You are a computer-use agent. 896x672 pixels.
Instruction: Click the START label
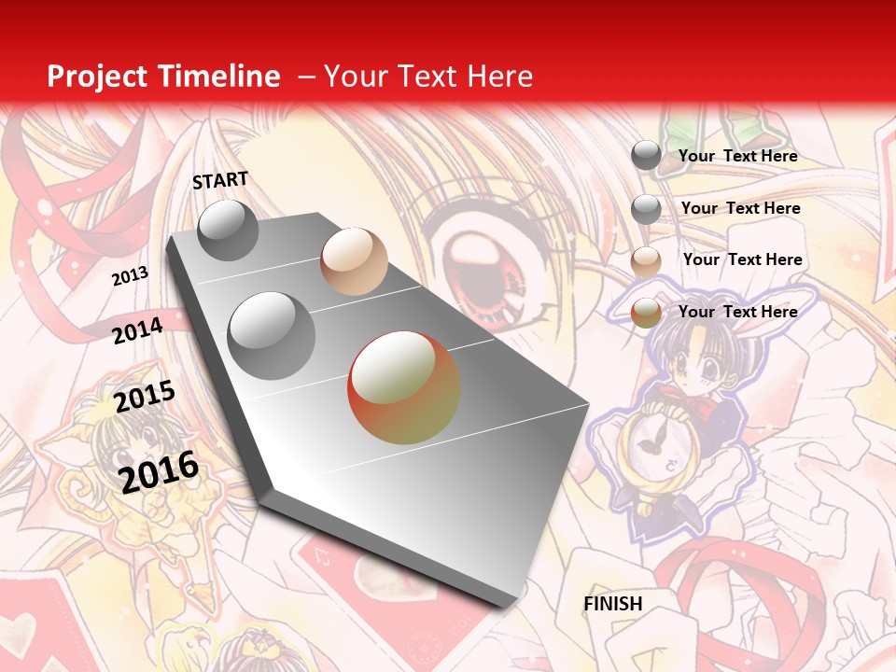220,180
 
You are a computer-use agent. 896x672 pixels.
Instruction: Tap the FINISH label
612,604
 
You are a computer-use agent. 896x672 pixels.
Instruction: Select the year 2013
130,276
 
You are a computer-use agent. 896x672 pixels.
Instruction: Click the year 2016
159,471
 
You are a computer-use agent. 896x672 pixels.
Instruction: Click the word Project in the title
97,77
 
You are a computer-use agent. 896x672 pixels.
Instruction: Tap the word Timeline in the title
220,77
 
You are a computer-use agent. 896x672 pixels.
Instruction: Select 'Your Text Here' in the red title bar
428,77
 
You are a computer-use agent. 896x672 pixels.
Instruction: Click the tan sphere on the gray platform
354,261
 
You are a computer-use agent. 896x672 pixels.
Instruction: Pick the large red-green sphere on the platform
404,387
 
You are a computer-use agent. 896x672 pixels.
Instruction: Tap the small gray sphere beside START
228,230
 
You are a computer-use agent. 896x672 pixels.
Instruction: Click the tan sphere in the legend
646,261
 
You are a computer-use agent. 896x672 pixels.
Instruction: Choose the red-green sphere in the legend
646,314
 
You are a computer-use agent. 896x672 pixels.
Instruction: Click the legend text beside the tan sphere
742,259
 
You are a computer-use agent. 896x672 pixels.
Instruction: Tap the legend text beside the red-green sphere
737,312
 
